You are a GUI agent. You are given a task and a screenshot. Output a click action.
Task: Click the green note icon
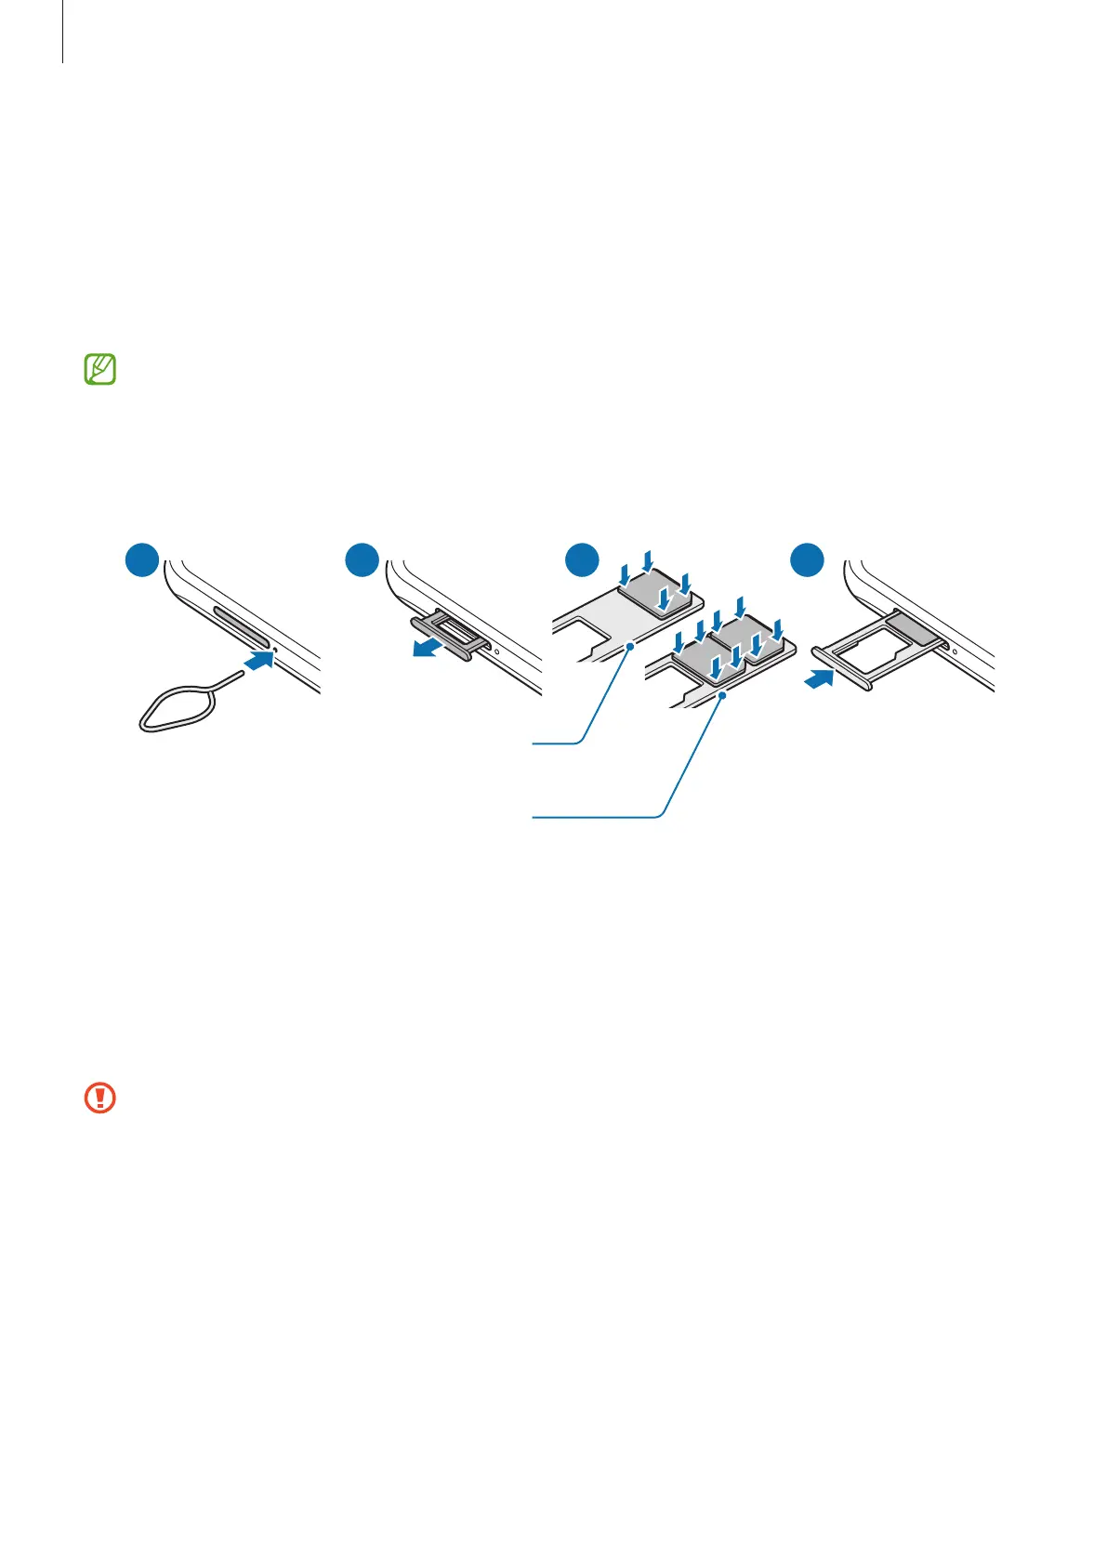tap(99, 370)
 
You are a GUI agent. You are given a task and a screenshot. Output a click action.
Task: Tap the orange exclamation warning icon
tap(99, 1098)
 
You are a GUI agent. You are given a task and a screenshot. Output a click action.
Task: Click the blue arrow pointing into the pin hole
tap(259, 660)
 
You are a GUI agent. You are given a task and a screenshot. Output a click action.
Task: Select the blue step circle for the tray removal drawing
tap(361, 562)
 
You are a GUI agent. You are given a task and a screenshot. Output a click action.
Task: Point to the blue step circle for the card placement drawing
tap(583, 562)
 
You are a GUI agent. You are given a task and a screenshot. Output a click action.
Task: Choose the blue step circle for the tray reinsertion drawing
tap(806, 562)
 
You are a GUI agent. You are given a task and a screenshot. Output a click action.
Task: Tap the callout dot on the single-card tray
tap(631, 643)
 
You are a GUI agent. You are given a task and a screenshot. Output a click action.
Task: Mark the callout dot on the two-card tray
tap(721, 692)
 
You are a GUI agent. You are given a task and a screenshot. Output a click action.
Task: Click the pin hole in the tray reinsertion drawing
tap(955, 651)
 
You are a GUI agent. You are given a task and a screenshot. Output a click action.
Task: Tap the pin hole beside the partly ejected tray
tap(497, 651)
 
